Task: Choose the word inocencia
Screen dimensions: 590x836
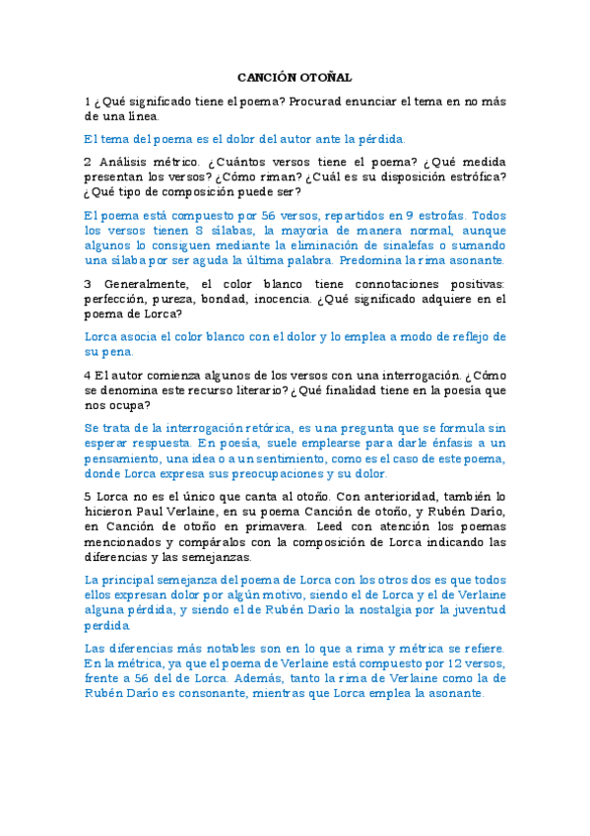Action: (x=266, y=299)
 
